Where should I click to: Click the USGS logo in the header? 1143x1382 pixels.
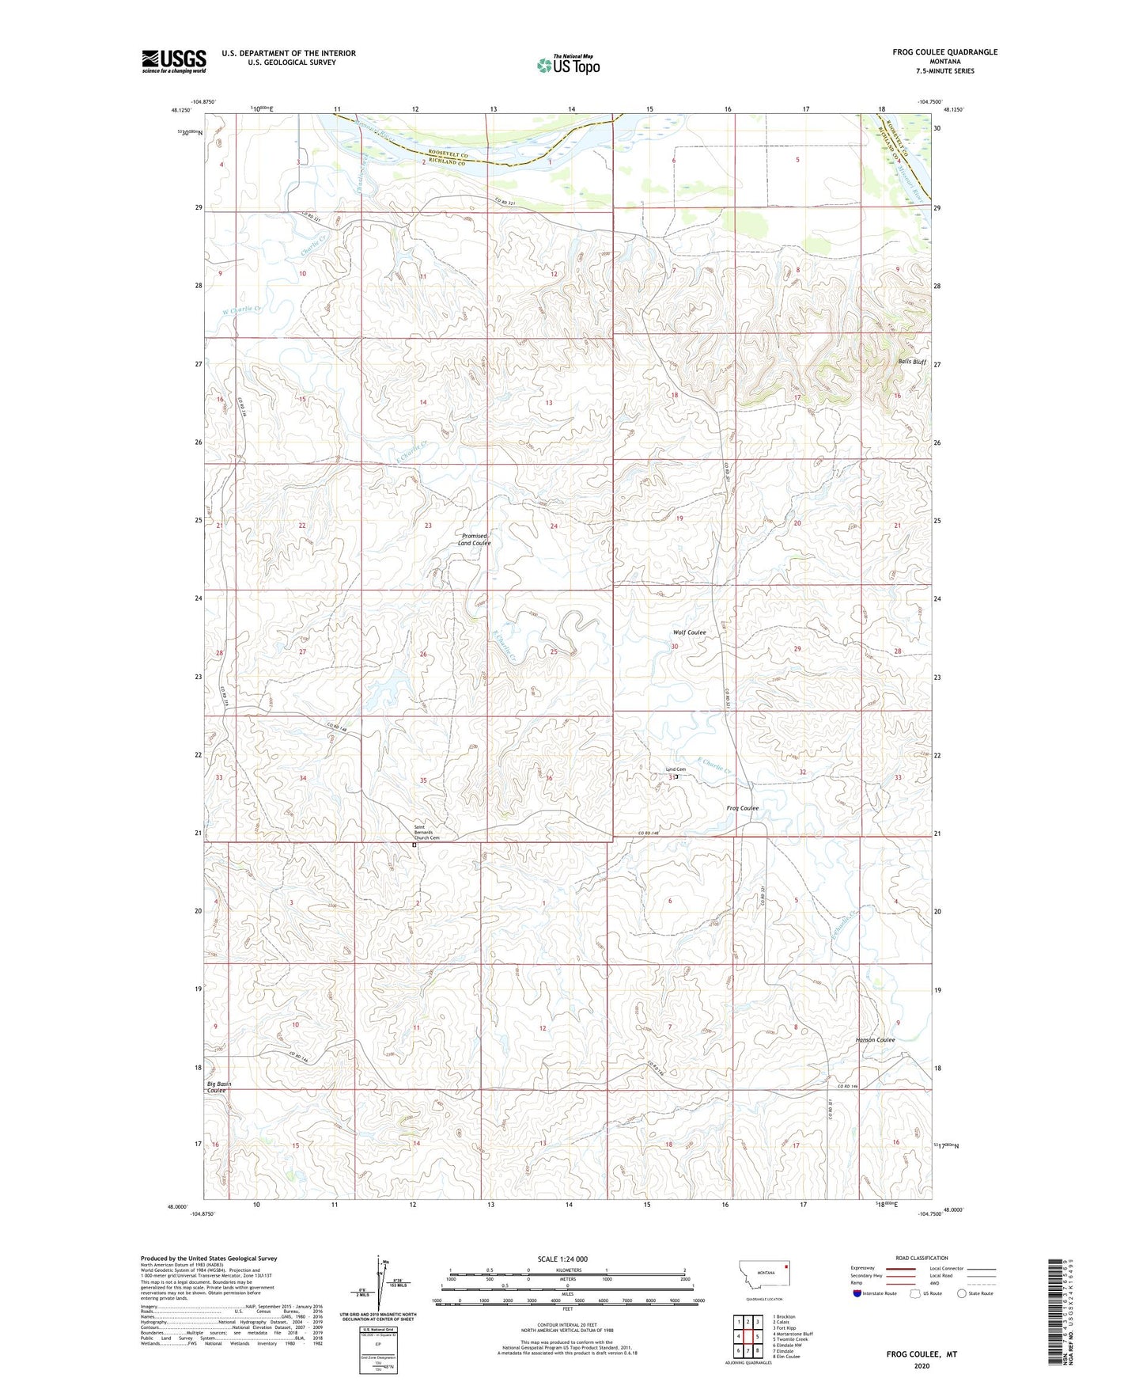pyautogui.click(x=173, y=61)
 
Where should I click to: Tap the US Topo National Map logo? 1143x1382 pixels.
pyautogui.click(x=568, y=64)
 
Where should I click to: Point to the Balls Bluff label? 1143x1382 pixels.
pyautogui.click(x=911, y=362)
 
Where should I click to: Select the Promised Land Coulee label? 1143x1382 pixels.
pyautogui.click(x=475, y=539)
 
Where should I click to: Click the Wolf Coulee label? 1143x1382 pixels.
pyautogui.click(x=689, y=632)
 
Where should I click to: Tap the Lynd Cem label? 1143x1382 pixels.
pyautogui.click(x=675, y=769)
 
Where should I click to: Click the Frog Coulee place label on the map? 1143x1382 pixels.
pyautogui.click(x=742, y=808)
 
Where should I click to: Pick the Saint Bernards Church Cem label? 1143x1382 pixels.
pyautogui.click(x=426, y=833)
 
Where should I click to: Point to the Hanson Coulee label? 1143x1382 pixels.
pyautogui.click(x=875, y=1039)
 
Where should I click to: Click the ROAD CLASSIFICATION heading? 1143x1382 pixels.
pyautogui.click(x=922, y=1258)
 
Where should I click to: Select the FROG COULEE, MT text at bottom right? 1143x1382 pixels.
pyautogui.click(x=922, y=1354)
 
